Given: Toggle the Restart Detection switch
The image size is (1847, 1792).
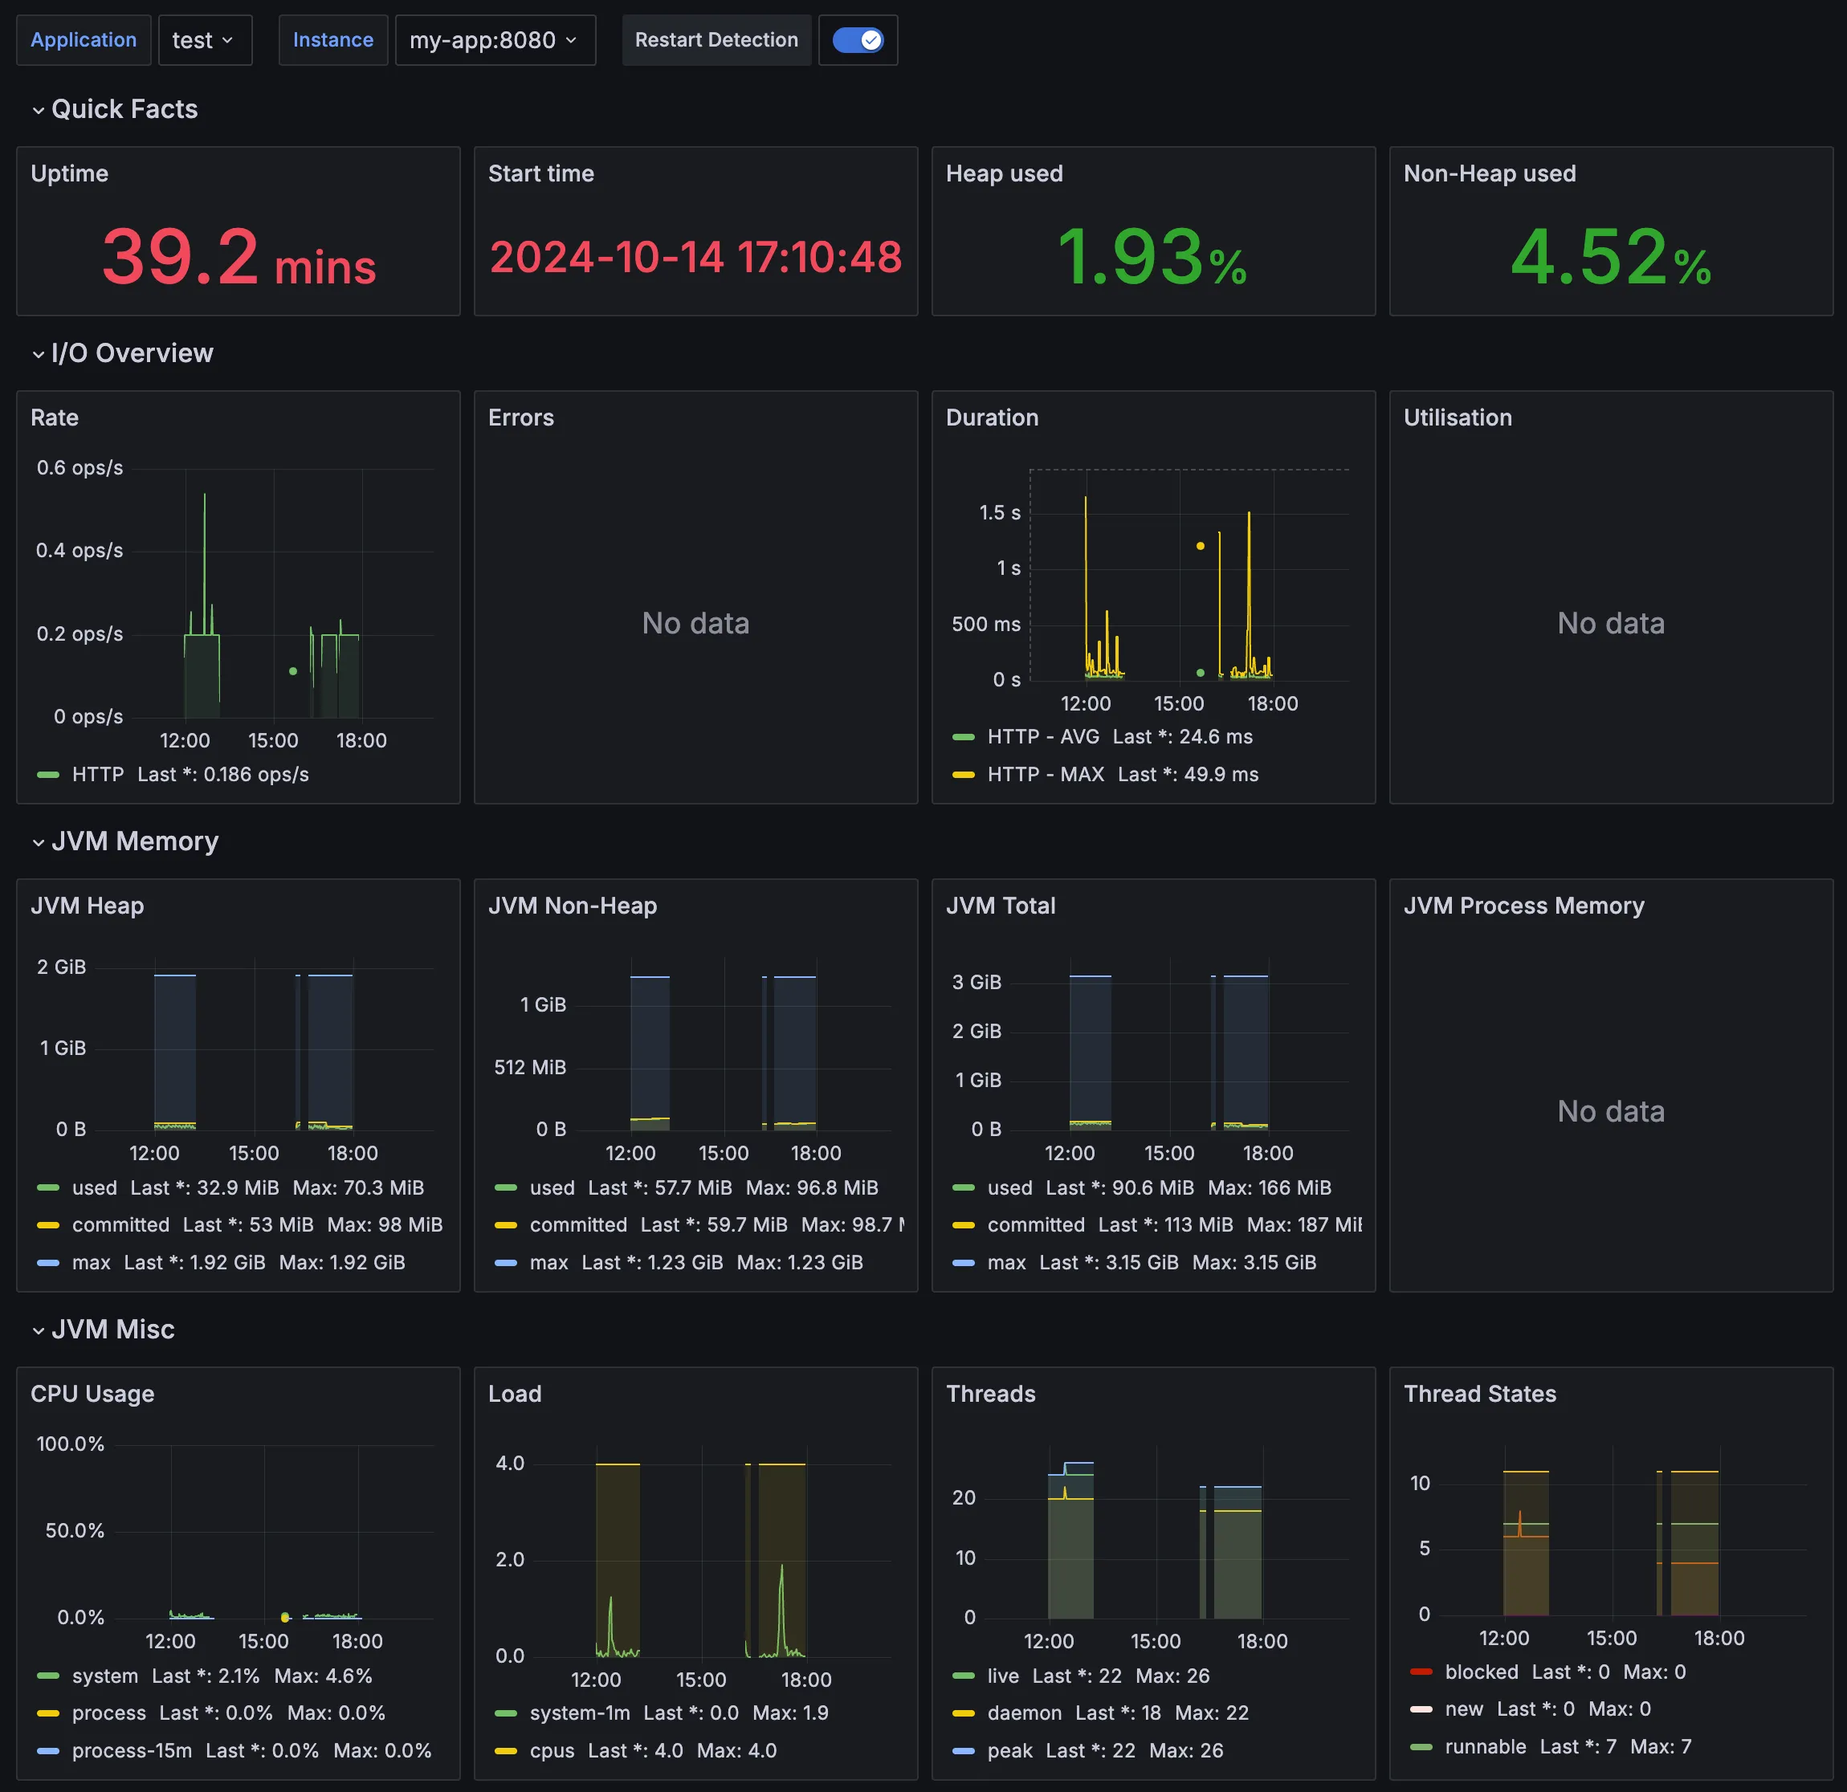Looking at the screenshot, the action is (858, 40).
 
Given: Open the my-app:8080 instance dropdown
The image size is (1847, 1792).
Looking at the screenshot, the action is (495, 40).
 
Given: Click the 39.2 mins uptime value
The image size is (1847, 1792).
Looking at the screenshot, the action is (239, 257).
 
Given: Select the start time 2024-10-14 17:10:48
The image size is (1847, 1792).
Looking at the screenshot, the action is (695, 257).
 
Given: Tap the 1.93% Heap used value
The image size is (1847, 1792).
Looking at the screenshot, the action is (1152, 257).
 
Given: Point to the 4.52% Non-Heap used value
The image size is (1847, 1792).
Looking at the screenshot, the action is (1610, 257).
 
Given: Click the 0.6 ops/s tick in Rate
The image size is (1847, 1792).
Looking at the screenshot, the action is (80, 468).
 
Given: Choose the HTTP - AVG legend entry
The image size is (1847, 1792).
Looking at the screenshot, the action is (1043, 737).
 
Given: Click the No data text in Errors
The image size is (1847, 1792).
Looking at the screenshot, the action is (695, 623).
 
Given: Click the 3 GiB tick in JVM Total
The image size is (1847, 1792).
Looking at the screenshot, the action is (977, 983).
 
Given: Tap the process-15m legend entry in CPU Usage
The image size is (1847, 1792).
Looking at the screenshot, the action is (132, 1750).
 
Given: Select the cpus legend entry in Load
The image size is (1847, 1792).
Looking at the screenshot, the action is (552, 1750).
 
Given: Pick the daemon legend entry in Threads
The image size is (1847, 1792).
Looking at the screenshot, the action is (1025, 1713).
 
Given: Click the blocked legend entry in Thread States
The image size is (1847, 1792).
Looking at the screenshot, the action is (1482, 1672).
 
